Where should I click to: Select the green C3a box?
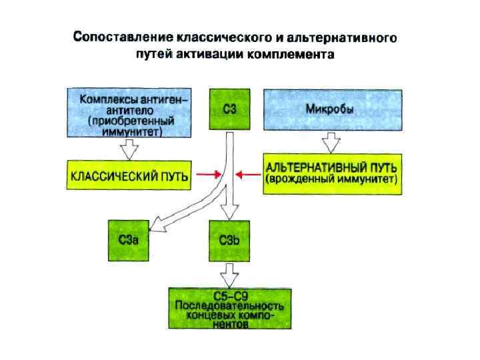(129, 240)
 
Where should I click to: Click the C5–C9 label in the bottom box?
(229, 295)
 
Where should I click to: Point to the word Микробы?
(334, 109)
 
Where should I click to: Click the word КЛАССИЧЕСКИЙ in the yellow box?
(111, 177)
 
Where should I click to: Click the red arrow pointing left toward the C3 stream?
(250, 175)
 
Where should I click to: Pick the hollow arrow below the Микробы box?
(331, 143)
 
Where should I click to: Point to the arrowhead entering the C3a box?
(154, 223)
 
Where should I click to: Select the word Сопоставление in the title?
(123, 37)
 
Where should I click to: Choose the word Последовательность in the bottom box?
(229, 306)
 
